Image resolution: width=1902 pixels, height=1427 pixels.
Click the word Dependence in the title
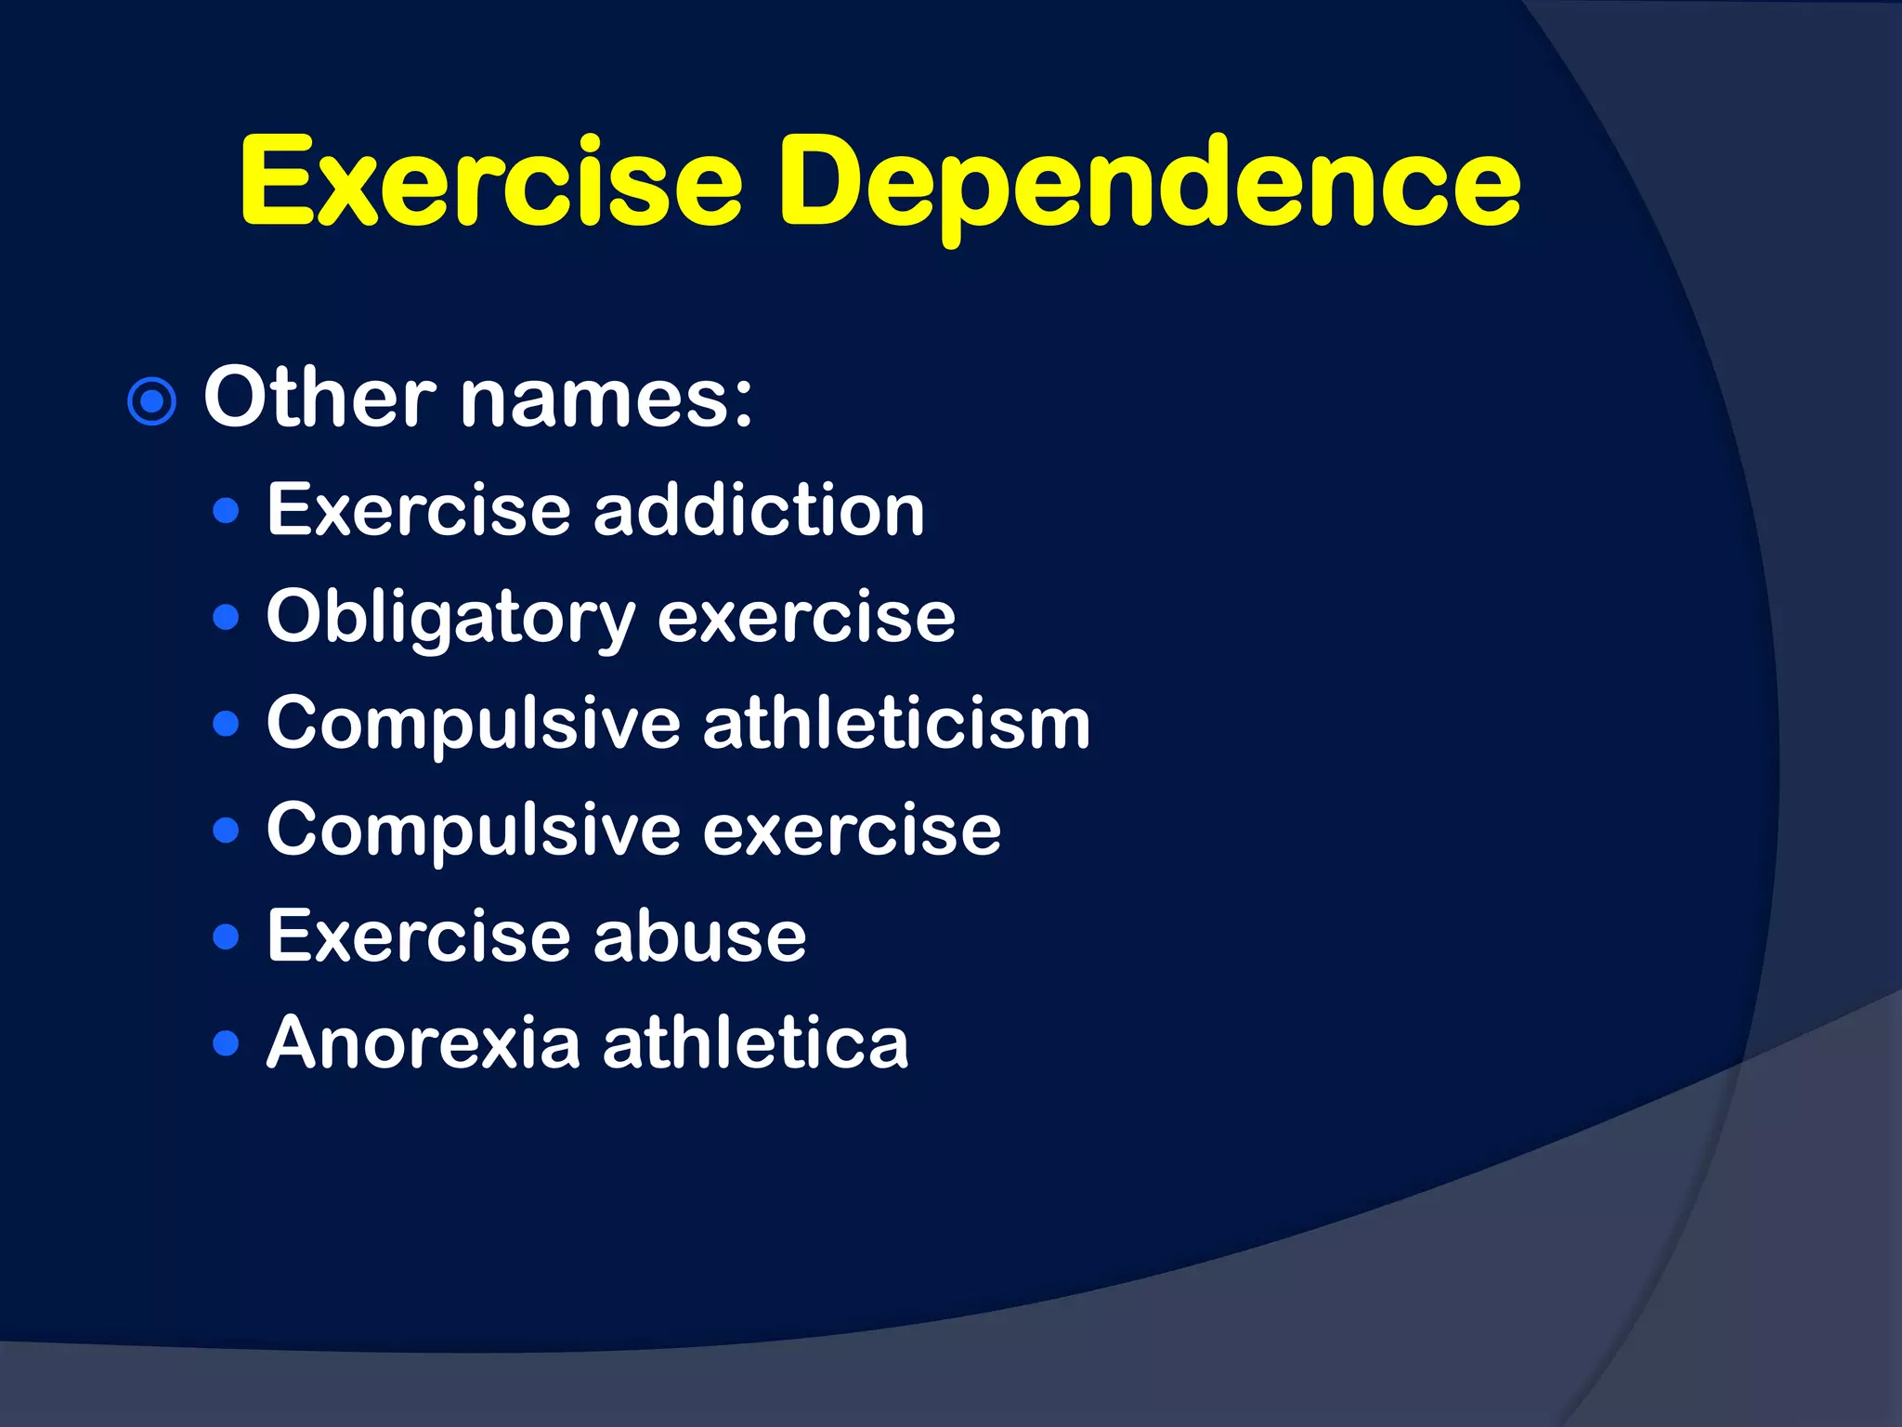(1150, 184)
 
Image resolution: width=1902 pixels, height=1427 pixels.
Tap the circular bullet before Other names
(151, 402)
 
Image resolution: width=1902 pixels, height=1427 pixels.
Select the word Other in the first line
(319, 398)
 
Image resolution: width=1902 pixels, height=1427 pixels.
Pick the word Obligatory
(450, 618)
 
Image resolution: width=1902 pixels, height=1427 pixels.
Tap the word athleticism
(896, 724)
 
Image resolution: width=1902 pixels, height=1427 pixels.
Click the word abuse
(699, 936)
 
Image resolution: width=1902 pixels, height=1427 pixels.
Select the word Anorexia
(423, 1042)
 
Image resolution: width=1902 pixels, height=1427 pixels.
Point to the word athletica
(755, 1042)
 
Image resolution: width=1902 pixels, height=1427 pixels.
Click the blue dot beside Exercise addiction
(226, 511)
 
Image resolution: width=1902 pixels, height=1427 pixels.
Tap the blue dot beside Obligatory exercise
(226, 618)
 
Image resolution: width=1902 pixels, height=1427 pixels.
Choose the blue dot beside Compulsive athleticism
(226, 724)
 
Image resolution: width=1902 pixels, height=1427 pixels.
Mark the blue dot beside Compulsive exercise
(226, 830)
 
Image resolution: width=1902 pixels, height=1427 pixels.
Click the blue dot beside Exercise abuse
(226, 936)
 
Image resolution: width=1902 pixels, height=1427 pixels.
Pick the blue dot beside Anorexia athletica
(226, 1042)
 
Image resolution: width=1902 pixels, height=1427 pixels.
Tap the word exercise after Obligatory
(806, 618)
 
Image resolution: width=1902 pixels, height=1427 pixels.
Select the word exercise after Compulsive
(852, 830)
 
